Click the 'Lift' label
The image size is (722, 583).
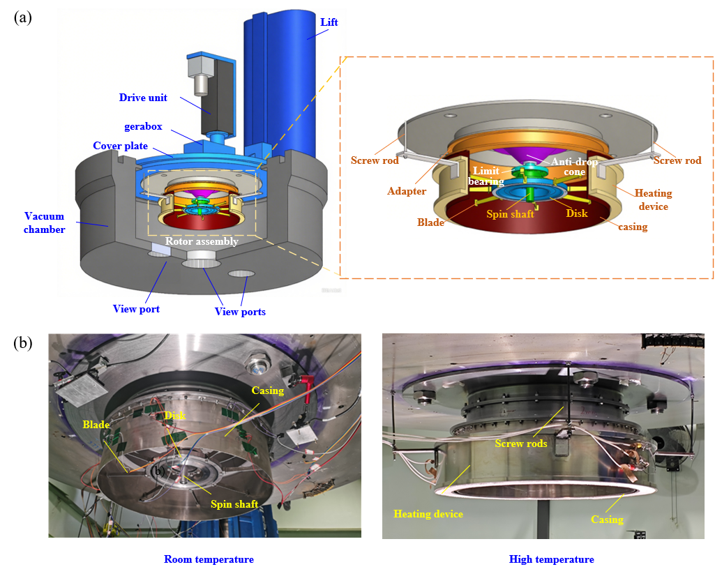coord(329,22)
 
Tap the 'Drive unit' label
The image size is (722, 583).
coord(143,98)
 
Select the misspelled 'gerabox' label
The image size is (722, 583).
coord(143,126)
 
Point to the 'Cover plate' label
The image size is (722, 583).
coord(120,146)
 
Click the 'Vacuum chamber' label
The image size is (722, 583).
coord(44,222)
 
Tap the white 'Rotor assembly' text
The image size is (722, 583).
coord(202,241)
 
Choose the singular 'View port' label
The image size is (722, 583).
coord(136,309)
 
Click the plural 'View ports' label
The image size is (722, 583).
coord(240,312)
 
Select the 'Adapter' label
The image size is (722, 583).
coord(407,191)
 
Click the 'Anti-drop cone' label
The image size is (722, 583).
coord(574,167)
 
